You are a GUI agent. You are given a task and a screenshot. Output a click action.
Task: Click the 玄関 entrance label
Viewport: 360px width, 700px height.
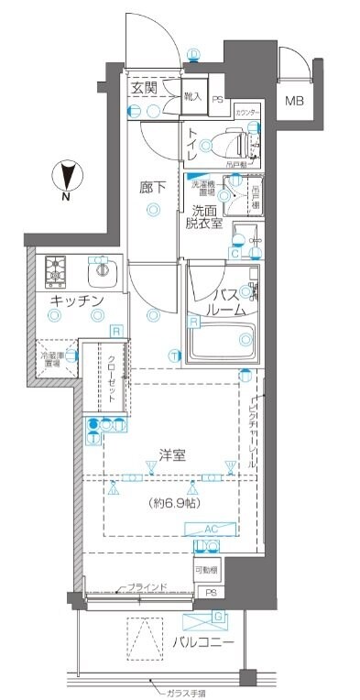pyautogui.click(x=143, y=88)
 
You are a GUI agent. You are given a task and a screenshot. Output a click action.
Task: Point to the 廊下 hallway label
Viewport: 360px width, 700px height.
pyautogui.click(x=153, y=188)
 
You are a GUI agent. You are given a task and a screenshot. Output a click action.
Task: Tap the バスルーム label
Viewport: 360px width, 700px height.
pyautogui.click(x=225, y=302)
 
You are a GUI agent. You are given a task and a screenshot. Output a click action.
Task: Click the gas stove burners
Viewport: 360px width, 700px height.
pyautogui.click(x=58, y=270)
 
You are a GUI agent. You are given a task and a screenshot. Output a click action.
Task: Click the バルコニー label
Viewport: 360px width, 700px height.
pyautogui.click(x=202, y=642)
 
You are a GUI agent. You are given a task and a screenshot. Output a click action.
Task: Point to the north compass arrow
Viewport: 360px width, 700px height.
pyautogui.click(x=67, y=175)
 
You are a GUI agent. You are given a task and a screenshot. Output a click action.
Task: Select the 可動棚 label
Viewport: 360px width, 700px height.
pyautogui.click(x=207, y=569)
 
